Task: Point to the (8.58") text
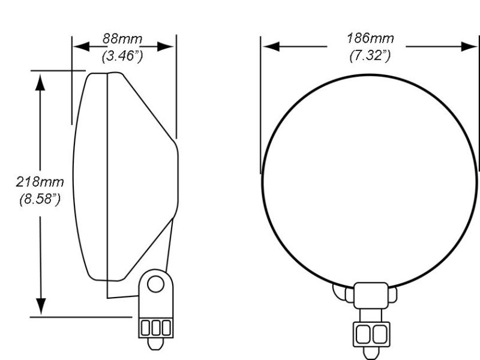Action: (x=40, y=199)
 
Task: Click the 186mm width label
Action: (x=370, y=39)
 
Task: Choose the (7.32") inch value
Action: (x=370, y=56)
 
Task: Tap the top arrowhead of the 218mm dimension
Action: (x=40, y=82)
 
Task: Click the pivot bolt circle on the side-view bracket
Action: (x=156, y=283)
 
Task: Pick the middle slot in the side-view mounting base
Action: (x=156, y=327)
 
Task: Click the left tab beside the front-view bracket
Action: (x=340, y=293)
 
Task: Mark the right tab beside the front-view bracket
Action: (x=392, y=295)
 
